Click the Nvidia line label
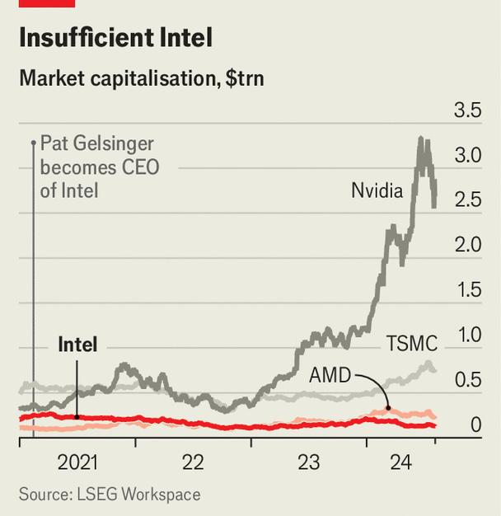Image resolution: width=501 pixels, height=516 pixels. point(377,191)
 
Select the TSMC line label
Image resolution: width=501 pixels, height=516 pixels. point(411,342)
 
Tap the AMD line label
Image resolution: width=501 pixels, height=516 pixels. point(330,376)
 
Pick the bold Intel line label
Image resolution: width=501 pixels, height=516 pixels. point(77,345)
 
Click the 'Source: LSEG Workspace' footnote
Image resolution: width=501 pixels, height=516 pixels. point(110,495)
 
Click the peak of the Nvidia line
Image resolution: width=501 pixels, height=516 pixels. point(422,138)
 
